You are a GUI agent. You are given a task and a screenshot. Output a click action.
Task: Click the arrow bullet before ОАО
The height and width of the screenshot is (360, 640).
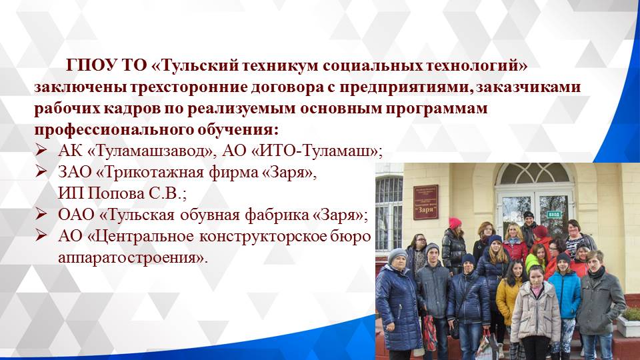click(41, 215)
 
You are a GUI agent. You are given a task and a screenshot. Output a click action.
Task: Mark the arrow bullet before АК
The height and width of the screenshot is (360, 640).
click(41, 151)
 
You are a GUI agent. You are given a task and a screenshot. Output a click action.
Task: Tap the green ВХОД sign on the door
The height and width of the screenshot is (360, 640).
click(553, 213)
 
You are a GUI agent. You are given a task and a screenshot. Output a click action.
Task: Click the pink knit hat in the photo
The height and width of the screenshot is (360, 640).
click(455, 223)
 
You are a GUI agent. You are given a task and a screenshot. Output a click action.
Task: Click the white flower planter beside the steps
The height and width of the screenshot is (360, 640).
click(628, 324)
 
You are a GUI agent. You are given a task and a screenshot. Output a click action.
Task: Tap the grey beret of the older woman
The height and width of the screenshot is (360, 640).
click(397, 255)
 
